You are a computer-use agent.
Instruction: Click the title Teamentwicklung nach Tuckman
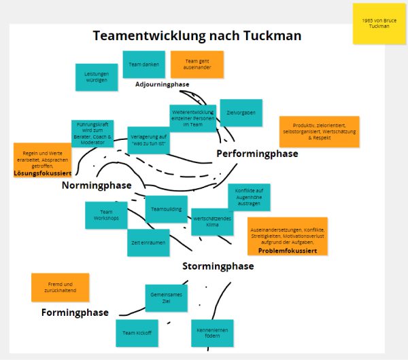pyautogui.click(x=197, y=35)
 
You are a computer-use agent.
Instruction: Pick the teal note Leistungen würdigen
pyautogui.click(x=97, y=77)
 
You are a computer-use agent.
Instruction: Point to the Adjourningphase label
pyautogui.click(x=163, y=84)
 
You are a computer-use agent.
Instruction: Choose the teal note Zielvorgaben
pyautogui.click(x=241, y=113)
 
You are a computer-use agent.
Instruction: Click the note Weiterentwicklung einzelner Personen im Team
pyautogui.click(x=193, y=118)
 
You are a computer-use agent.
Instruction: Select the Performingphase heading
pyautogui.click(x=257, y=154)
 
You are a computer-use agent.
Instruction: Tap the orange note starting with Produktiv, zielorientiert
pyautogui.click(x=319, y=132)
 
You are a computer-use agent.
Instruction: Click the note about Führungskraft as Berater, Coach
pyautogui.click(x=92, y=134)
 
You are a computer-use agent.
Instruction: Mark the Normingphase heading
pyautogui.click(x=97, y=185)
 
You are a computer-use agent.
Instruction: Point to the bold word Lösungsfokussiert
pyautogui.click(x=42, y=173)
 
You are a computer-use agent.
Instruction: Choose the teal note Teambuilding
pyautogui.click(x=166, y=209)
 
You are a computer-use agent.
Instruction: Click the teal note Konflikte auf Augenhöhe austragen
pyautogui.click(x=249, y=196)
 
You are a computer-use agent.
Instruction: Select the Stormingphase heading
pyautogui.click(x=218, y=266)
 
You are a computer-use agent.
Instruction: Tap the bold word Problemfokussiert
pyautogui.click(x=288, y=251)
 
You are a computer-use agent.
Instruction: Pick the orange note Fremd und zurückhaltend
pyautogui.click(x=60, y=287)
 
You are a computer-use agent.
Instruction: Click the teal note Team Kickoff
pyautogui.click(x=137, y=332)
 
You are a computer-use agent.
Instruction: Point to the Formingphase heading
pyautogui.click(x=75, y=312)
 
